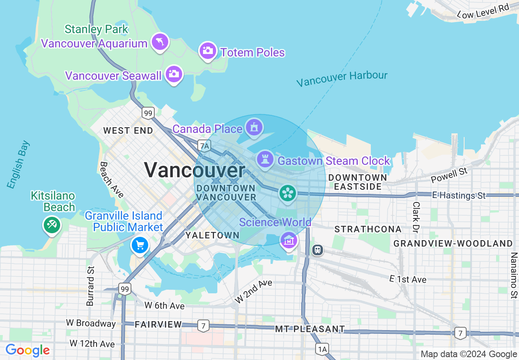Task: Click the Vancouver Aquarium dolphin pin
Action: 160,42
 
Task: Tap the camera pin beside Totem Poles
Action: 208,51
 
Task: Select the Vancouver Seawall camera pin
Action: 174,74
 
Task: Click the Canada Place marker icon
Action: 254,127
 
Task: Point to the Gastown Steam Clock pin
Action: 265,159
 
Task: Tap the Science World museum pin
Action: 289,240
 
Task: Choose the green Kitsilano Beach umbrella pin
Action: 52,225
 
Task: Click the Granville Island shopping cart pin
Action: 140,245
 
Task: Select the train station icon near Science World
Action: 317,250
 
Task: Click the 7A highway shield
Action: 204,145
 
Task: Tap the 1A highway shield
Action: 322,349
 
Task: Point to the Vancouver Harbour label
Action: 342,79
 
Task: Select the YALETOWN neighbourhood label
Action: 212,235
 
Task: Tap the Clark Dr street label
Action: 416,217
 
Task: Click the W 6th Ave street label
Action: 165,306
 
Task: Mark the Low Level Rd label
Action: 483,11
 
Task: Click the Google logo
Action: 27,350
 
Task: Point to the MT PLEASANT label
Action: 310,329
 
